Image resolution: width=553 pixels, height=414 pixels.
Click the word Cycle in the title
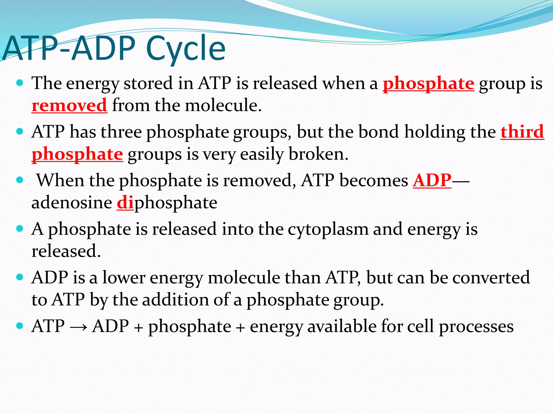[x=186, y=49]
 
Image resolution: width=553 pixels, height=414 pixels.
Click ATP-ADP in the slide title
[x=69, y=49]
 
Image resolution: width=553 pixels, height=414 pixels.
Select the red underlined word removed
[x=69, y=105]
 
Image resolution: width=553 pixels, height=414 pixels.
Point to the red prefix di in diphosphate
[x=125, y=202]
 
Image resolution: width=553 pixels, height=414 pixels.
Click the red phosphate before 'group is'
[x=429, y=83]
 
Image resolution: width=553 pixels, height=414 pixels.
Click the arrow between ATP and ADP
[x=78, y=327]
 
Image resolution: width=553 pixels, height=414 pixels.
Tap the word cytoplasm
[x=328, y=229]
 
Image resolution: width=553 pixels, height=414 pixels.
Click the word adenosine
[x=72, y=202]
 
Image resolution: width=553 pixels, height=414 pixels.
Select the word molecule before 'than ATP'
[x=244, y=278]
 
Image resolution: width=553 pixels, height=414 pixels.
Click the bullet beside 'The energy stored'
[x=20, y=83]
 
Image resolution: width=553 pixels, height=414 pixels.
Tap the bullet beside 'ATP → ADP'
[x=20, y=326]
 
